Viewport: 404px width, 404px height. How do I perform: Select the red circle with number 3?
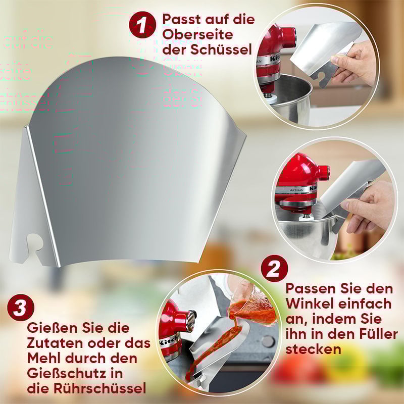pos(21,308)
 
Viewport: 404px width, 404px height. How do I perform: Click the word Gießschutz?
pos(66,374)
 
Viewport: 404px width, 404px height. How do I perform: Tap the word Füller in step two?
pos(374,334)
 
